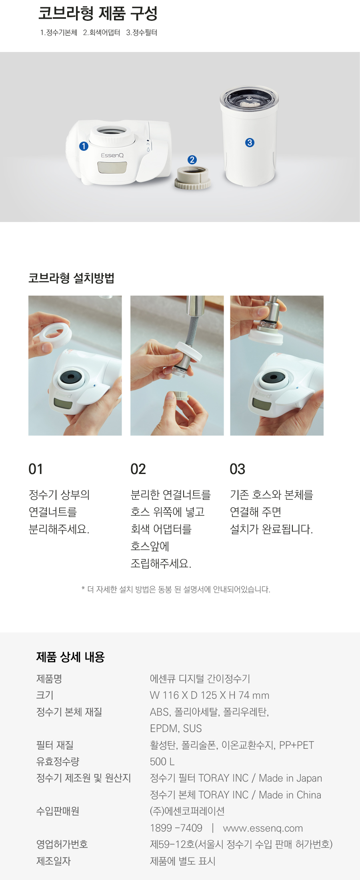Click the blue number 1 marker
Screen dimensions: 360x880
84,146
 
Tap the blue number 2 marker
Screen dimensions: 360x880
192,160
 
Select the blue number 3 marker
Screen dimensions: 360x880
250,142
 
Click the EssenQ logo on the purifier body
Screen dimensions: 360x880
112,155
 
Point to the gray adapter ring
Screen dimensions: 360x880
192,178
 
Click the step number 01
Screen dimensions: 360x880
36,469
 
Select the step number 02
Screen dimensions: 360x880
138,469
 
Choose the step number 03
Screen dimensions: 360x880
237,469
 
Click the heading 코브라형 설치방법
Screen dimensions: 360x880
71,278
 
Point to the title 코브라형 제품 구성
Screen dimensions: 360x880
98,13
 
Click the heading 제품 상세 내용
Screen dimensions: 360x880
70,657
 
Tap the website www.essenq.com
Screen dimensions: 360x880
263,828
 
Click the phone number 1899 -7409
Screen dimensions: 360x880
176,828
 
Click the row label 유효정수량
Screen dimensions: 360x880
58,762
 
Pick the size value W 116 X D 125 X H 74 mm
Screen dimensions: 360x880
210,695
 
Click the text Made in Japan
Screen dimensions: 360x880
290,778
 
